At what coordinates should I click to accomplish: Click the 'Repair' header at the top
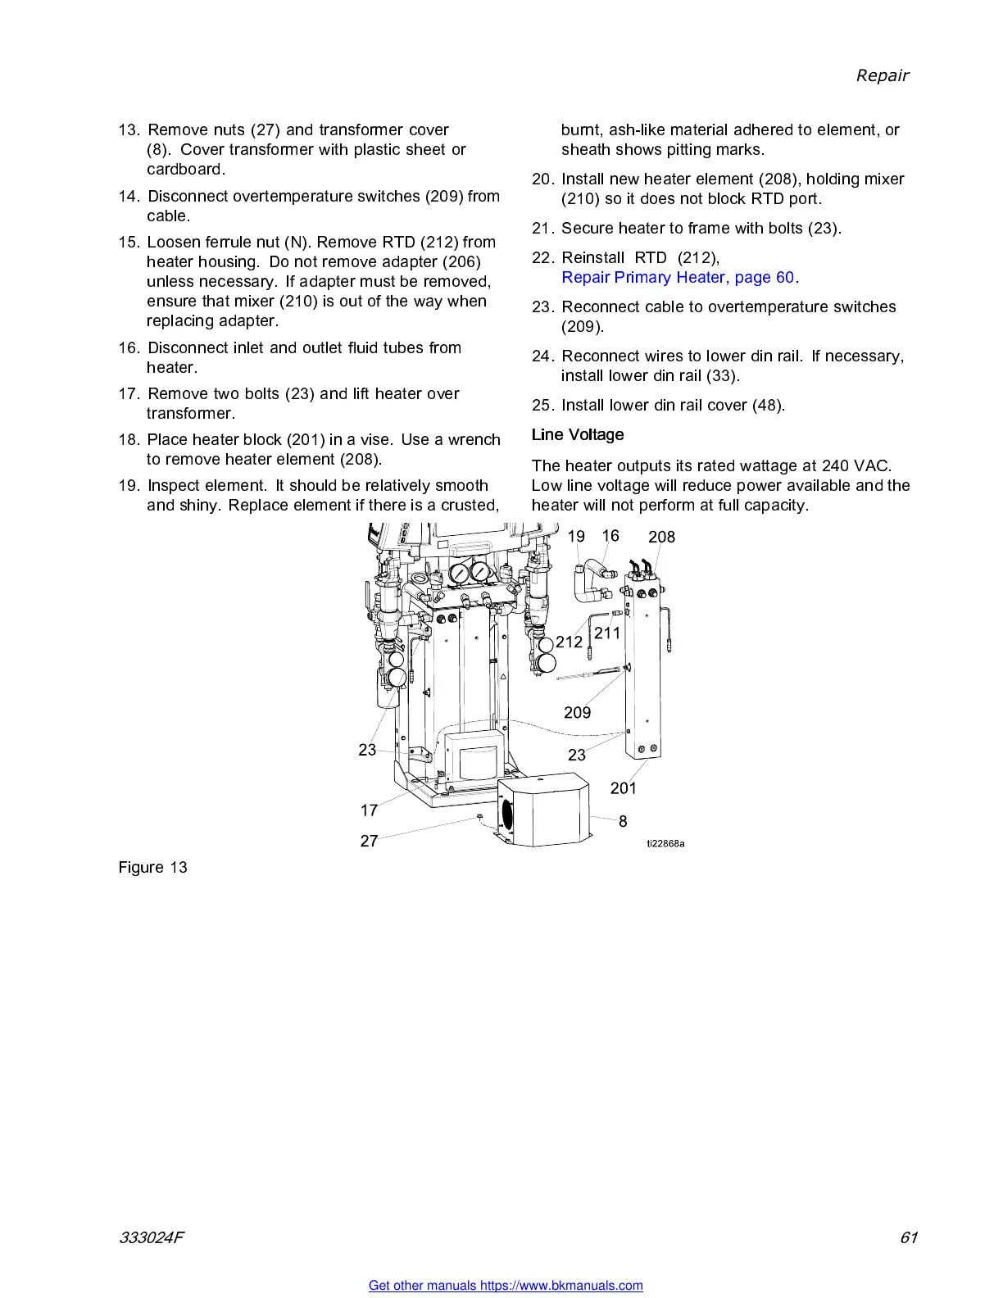click(882, 75)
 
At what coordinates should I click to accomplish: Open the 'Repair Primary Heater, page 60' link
click(678, 278)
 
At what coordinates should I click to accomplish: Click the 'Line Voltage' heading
click(577, 435)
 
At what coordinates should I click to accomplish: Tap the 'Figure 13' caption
click(152, 868)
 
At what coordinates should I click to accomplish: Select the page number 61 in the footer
click(908, 1238)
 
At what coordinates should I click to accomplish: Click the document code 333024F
click(152, 1238)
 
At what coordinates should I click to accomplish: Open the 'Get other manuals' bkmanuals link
click(506, 1286)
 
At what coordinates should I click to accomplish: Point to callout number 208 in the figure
click(661, 538)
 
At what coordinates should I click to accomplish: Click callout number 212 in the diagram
click(569, 642)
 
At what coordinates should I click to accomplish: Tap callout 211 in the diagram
click(607, 633)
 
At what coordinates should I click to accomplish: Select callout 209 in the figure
click(577, 713)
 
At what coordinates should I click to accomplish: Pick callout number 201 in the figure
click(623, 788)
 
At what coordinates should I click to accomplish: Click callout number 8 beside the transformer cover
click(623, 821)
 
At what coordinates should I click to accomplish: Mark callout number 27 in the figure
click(369, 842)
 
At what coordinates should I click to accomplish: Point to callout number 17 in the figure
click(369, 810)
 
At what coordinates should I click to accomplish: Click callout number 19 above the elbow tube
click(576, 537)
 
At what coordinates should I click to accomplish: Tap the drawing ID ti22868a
click(665, 844)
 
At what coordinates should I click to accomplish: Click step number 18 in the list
click(129, 440)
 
